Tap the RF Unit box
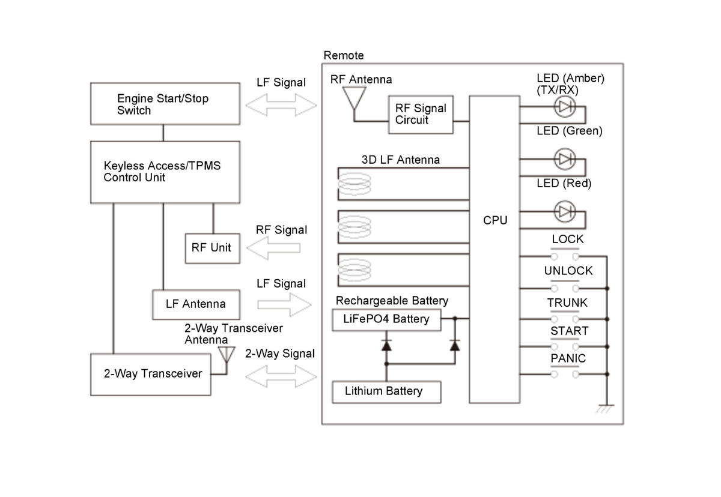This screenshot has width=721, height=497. (211, 247)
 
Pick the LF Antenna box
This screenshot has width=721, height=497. (196, 304)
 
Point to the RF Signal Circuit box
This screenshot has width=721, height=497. (421, 114)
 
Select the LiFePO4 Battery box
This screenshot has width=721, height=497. (386, 319)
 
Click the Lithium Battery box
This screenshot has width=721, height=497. (386, 391)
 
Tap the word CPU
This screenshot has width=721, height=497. (495, 220)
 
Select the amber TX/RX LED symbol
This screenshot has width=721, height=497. (564, 106)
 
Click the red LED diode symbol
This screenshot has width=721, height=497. (564, 211)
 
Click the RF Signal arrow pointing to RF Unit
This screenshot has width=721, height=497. (273, 248)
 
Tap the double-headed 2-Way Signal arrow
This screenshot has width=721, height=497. (281, 376)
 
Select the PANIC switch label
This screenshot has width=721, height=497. (568, 358)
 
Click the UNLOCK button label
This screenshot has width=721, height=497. (568, 271)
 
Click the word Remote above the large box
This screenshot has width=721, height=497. (344, 56)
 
